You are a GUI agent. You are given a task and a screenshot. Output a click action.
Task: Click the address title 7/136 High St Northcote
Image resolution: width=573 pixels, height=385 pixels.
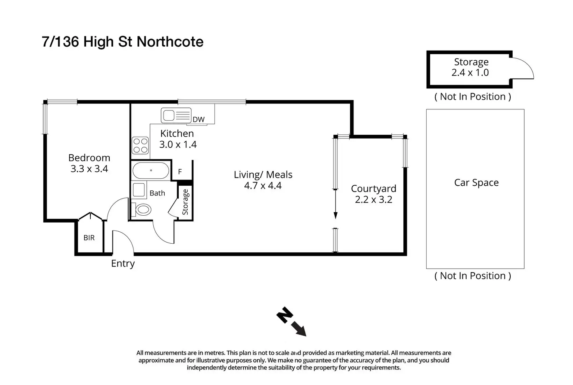click(x=123, y=42)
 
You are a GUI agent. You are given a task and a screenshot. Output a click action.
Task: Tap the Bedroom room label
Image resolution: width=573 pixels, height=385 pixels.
click(x=89, y=158)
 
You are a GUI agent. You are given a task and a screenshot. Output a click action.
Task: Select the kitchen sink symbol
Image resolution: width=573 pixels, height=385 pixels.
click(x=176, y=115)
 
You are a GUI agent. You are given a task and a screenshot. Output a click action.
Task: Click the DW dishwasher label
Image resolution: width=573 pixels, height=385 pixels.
click(x=199, y=120)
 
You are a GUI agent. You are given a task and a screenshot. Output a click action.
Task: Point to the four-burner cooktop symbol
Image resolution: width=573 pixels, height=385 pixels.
click(x=140, y=146)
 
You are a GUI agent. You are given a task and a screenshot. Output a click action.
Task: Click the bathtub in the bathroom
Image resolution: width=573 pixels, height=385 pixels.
click(x=151, y=171)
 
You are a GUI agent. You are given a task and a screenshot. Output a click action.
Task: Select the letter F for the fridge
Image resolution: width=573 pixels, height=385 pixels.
click(x=180, y=172)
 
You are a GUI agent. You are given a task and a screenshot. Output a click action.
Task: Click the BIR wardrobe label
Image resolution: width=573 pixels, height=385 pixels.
click(x=89, y=238)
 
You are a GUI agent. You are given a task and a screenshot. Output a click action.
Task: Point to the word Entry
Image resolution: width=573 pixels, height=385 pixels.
click(x=123, y=264)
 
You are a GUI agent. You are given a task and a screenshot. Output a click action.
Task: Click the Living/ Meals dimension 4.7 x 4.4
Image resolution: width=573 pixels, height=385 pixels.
click(x=263, y=186)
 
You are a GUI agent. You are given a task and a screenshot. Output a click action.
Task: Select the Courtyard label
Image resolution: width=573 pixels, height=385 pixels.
click(x=373, y=189)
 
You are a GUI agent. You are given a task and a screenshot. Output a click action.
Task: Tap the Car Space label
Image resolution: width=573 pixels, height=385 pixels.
click(x=476, y=183)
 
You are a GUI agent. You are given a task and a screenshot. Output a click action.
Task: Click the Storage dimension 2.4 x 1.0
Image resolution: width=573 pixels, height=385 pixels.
click(x=470, y=72)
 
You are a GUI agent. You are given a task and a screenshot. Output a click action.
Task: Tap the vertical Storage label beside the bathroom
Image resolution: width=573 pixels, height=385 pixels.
click(x=185, y=202)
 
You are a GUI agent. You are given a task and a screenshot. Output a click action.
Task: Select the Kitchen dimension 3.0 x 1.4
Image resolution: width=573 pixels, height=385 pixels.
click(x=178, y=144)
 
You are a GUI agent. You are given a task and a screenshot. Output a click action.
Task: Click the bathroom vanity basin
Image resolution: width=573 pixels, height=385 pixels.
click(x=139, y=190)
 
